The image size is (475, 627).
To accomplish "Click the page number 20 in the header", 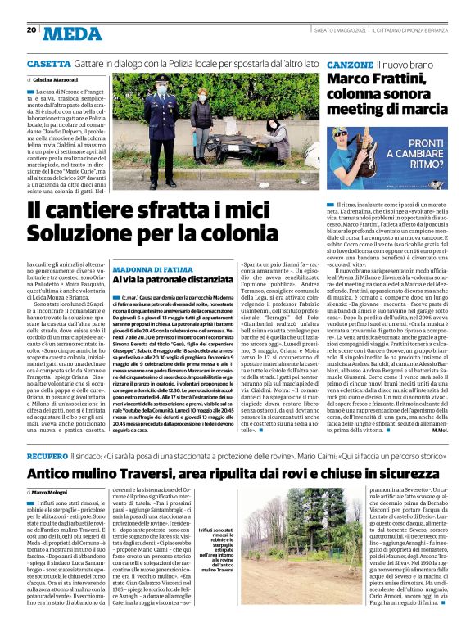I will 31,29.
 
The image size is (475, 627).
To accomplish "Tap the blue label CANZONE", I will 351,63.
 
